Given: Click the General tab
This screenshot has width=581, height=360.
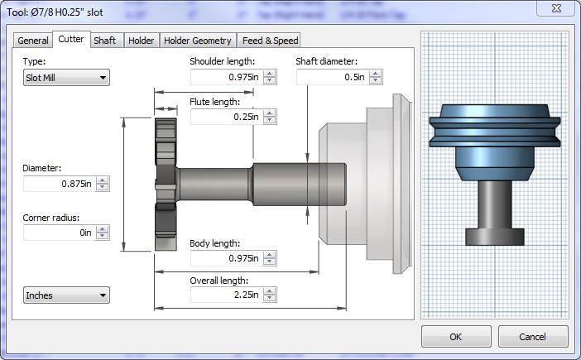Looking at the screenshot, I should [x=33, y=41].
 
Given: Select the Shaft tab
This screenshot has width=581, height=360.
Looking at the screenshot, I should [x=104, y=41].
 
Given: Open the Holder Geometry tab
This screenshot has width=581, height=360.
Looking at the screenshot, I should [x=198, y=41].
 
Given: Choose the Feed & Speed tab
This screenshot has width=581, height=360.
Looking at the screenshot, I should [x=269, y=41].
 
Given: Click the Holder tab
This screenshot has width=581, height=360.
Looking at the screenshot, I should [x=141, y=41].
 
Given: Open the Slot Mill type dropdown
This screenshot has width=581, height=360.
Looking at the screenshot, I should [x=66, y=78].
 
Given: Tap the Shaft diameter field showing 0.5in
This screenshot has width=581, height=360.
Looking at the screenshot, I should [x=332, y=77].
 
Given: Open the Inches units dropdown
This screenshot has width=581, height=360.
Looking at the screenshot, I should [x=66, y=295].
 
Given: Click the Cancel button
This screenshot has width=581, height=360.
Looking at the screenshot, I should [x=532, y=337].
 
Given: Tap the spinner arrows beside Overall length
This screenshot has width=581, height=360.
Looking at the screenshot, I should [x=269, y=295].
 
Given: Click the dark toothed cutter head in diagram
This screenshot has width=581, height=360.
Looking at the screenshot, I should [x=165, y=185].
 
